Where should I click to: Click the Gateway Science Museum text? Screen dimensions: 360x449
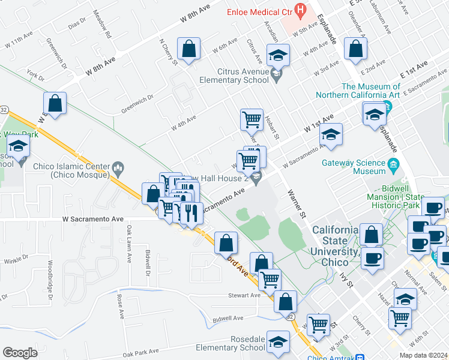(353, 167)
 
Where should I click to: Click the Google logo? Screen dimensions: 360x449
(20, 353)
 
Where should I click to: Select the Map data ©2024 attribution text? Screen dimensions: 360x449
(423, 355)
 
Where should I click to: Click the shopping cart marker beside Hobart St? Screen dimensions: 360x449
(252, 118)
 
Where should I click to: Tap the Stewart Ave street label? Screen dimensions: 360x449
(244, 295)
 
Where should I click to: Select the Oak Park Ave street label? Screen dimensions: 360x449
(140, 352)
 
